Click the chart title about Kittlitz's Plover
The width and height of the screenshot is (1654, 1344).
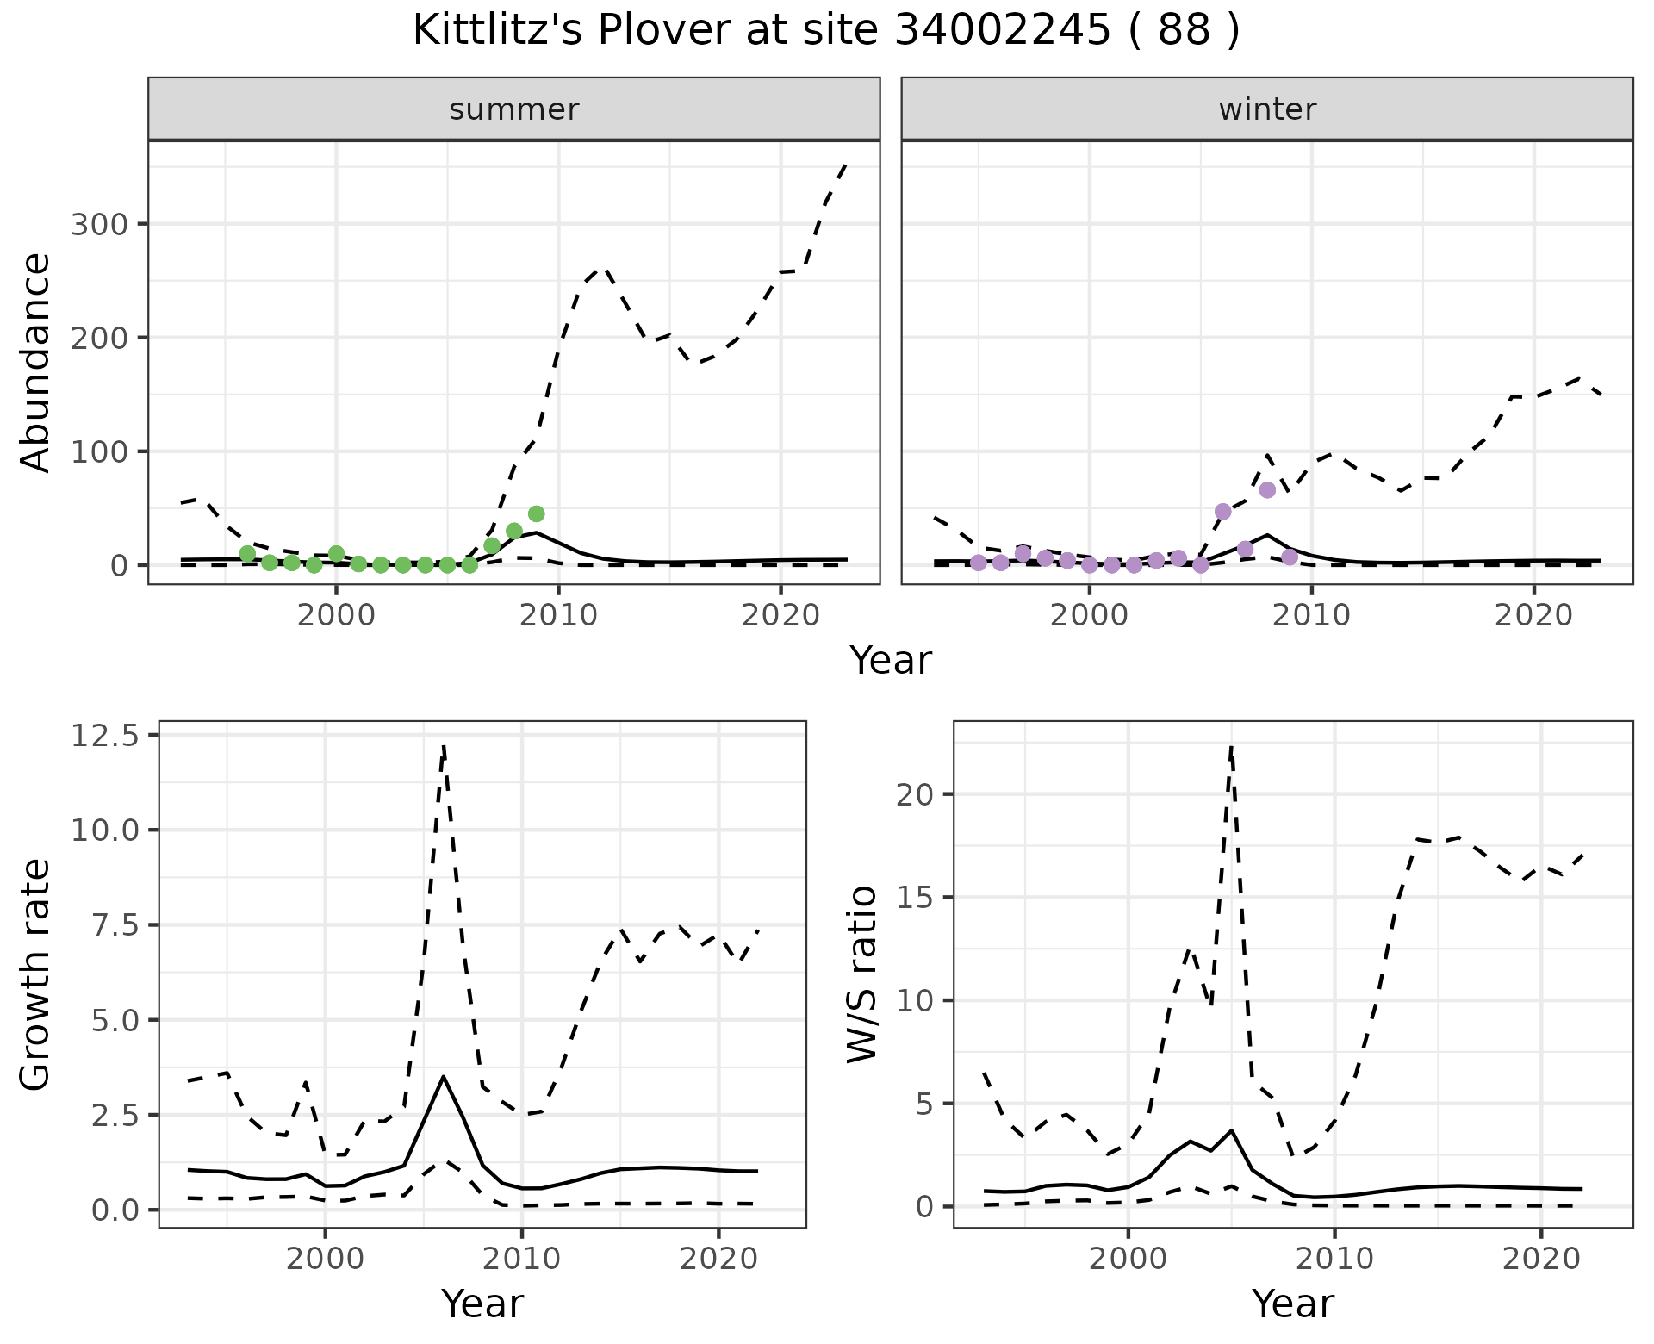click(826, 31)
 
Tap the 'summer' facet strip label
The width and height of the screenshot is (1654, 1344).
click(514, 109)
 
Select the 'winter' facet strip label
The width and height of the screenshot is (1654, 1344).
click(1267, 109)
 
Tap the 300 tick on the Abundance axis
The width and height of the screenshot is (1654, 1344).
click(98, 225)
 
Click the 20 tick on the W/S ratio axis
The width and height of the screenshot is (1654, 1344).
click(915, 794)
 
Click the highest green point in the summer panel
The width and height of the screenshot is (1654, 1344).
click(536, 514)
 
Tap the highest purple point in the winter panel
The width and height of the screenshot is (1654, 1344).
click(1267, 490)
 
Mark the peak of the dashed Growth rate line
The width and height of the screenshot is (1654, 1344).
click(443, 746)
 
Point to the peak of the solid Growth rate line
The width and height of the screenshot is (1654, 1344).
click(443, 1076)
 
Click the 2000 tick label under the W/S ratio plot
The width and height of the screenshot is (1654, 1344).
click(1128, 1259)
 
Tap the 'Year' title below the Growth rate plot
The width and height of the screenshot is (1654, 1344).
click(482, 1304)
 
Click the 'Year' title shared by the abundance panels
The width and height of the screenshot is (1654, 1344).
click(891, 661)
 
